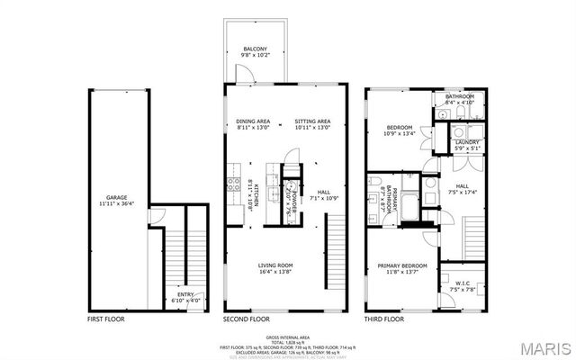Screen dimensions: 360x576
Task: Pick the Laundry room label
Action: click(x=467, y=142)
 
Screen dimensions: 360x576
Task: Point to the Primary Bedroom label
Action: click(x=401, y=265)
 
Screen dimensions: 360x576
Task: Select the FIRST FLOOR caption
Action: click(x=106, y=319)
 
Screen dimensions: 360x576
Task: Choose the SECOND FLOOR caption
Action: click(x=246, y=319)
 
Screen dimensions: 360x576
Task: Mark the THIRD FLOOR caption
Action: click(x=384, y=319)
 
